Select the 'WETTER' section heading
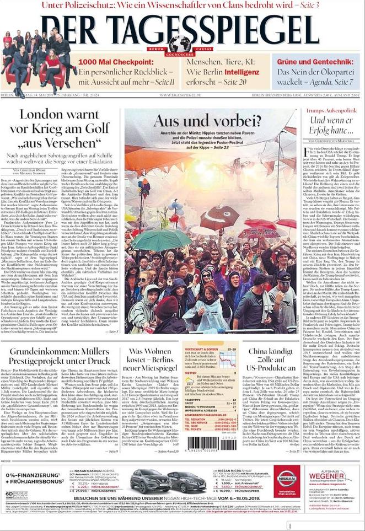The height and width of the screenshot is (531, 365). pyautogui.click(x=190, y=373)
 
